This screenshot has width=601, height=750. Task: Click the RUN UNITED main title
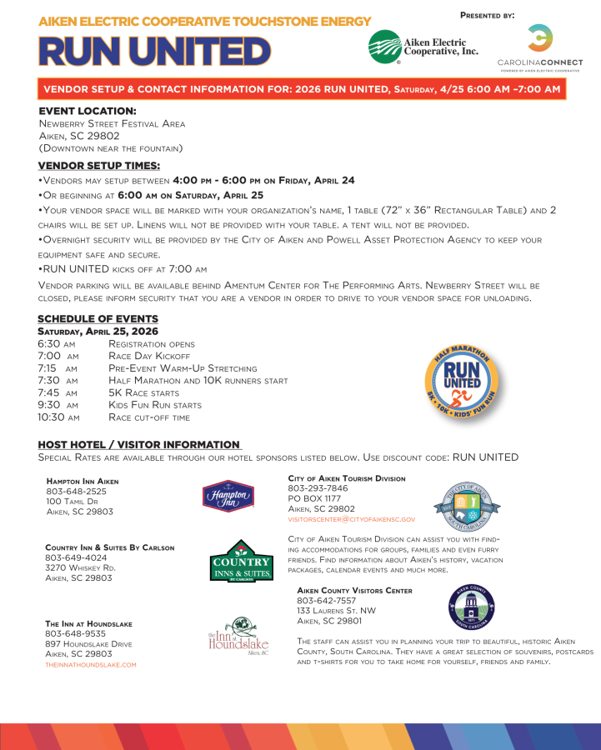tap(154, 51)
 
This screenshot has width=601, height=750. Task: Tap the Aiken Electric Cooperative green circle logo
tap(385, 47)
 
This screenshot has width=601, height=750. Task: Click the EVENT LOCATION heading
tap(87, 111)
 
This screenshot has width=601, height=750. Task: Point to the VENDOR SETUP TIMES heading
tap(98, 166)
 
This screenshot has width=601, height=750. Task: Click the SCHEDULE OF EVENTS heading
tap(98, 319)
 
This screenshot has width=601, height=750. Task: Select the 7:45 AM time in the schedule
tap(58, 392)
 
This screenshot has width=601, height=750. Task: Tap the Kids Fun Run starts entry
tap(155, 405)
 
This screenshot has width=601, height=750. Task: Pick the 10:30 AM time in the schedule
tap(58, 417)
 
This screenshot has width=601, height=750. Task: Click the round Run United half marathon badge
tap(462, 371)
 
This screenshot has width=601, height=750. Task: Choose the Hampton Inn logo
tap(228, 496)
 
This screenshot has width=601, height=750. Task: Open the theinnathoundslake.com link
tap(91, 664)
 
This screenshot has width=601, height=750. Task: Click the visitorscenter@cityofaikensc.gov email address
tap(351, 519)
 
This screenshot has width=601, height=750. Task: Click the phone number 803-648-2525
tap(71, 492)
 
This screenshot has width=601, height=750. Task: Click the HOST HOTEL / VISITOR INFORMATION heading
tap(139, 445)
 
